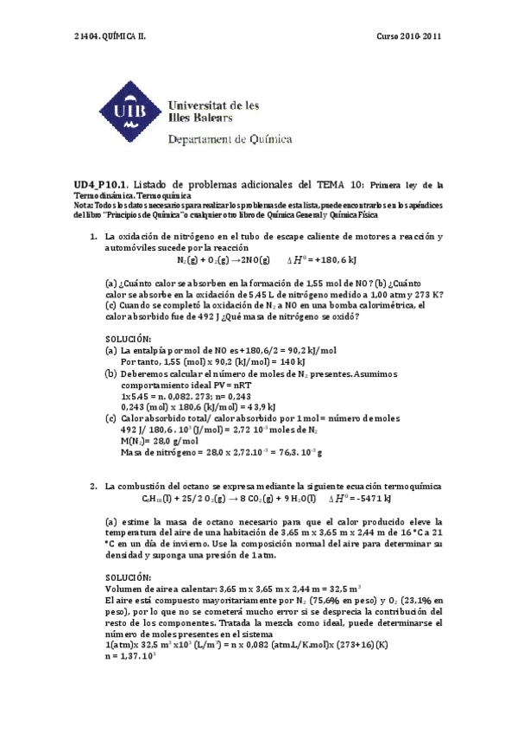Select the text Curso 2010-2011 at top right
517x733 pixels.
tap(410, 36)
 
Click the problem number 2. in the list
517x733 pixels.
tap(93, 487)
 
